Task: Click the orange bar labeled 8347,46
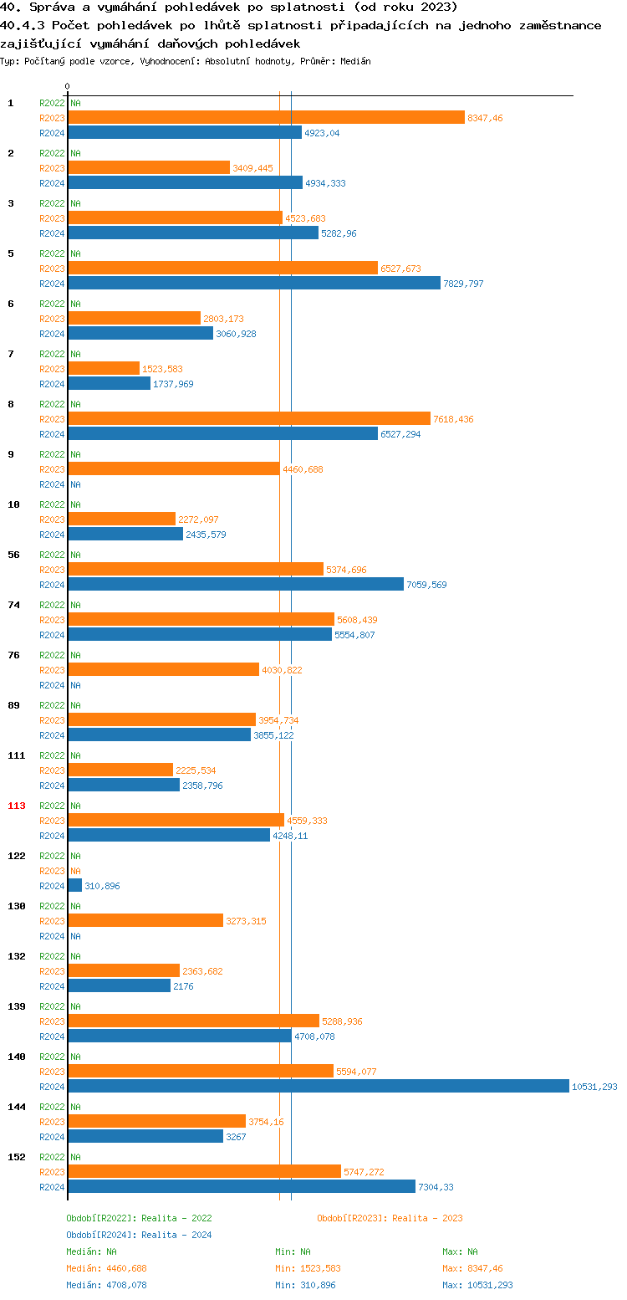(x=266, y=117)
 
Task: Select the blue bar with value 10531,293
(x=318, y=1086)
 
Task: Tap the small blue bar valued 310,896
(x=74, y=885)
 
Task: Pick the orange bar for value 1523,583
(x=104, y=368)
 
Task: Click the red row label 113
(x=17, y=806)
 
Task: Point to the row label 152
(x=17, y=1157)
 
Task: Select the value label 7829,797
(x=463, y=284)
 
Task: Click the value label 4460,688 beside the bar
(x=303, y=469)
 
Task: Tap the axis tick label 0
(x=68, y=86)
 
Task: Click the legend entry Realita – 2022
(x=139, y=1218)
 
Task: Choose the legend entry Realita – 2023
(x=390, y=1218)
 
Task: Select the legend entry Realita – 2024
(x=139, y=1235)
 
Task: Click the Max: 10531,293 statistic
(x=477, y=1285)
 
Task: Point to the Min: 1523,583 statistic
(x=308, y=1268)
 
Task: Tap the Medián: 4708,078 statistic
(x=106, y=1285)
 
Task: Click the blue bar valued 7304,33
(x=242, y=1186)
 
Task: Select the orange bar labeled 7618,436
(x=249, y=418)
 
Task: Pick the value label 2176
(x=184, y=986)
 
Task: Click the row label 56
(x=13, y=555)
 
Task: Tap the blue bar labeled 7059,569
(x=236, y=584)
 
